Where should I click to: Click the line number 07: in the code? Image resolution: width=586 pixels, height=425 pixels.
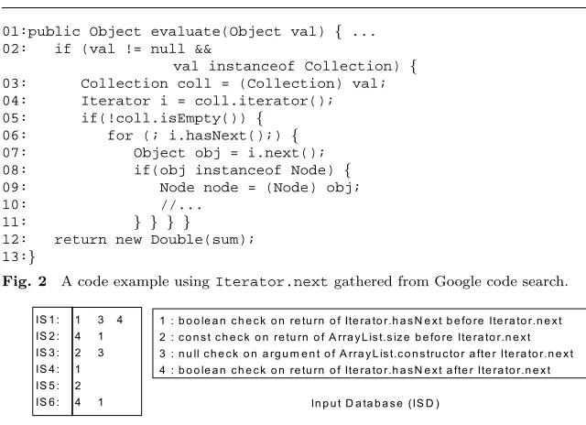15,153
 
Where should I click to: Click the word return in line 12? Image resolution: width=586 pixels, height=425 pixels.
81,240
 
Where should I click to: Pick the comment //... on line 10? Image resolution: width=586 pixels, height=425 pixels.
181,205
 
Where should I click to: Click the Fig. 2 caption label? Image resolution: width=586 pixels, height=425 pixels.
25,281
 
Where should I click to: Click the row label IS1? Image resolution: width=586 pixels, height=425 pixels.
48,320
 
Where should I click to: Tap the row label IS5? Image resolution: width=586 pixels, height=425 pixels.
48,386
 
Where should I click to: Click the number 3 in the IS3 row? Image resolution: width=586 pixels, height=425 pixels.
101,353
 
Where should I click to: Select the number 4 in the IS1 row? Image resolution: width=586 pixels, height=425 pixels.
120,320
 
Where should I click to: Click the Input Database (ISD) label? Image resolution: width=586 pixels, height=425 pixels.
375,403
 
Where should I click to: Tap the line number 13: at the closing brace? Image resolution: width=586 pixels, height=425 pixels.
15,256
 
